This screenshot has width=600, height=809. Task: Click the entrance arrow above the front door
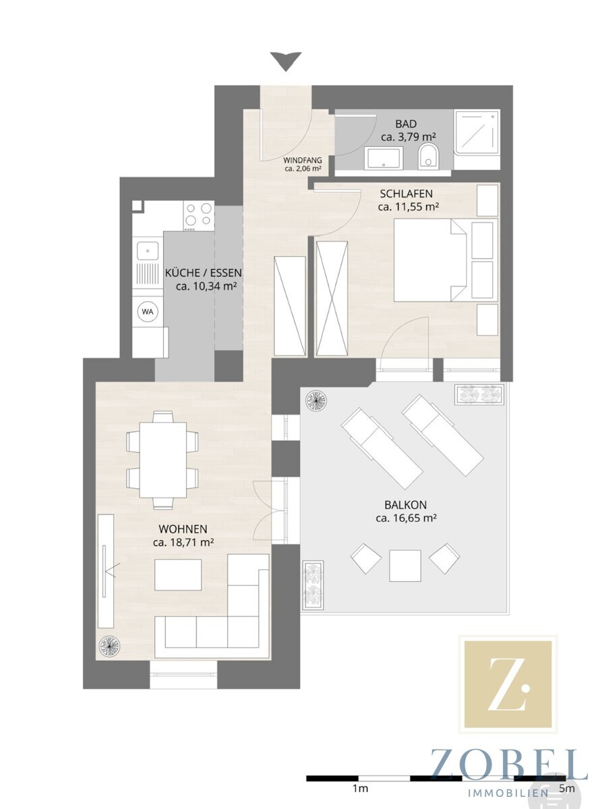point(286,61)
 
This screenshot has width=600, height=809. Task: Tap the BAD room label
point(406,123)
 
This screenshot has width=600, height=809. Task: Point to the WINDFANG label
point(303,160)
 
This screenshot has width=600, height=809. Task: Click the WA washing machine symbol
point(148,312)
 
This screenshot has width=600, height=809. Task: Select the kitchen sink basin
point(148,251)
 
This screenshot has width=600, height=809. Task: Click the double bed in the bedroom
point(430,260)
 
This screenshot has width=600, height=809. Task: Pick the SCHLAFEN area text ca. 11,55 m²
point(408,207)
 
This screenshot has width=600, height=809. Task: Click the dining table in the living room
point(163,459)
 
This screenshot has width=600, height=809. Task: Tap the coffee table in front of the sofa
point(178,574)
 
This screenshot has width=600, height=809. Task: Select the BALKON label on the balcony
point(405,505)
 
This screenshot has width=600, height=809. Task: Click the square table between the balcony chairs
point(405,566)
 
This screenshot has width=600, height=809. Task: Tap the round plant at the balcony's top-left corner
point(316,400)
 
